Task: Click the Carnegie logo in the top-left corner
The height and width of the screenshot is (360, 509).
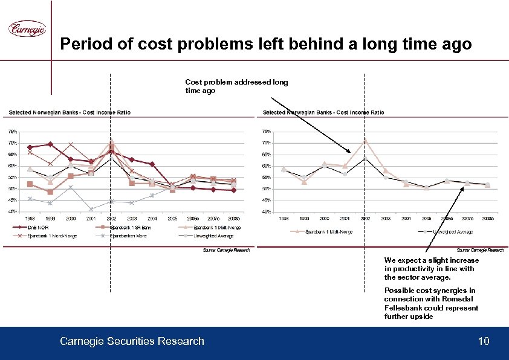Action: pyautogui.click(x=27, y=29)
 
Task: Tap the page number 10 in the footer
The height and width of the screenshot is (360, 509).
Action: pyautogui.click(x=483, y=342)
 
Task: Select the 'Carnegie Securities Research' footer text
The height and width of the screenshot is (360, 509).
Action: pyautogui.click(x=132, y=342)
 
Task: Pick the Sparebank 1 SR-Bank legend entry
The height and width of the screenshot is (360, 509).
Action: pyautogui.click(x=130, y=227)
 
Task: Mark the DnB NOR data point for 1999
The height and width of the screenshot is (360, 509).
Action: pyautogui.click(x=50, y=144)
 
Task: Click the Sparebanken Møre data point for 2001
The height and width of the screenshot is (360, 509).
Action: pyautogui.click(x=91, y=209)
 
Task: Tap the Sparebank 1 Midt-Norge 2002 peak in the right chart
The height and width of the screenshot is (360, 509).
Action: pyautogui.click(x=365, y=140)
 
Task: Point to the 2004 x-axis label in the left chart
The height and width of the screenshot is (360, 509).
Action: pyautogui.click(x=152, y=217)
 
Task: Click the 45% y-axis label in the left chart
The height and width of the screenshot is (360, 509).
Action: pyautogui.click(x=12, y=200)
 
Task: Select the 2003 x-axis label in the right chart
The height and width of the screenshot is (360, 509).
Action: pyautogui.click(x=385, y=217)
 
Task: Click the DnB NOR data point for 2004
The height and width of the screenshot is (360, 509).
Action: pyautogui.click(x=152, y=164)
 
